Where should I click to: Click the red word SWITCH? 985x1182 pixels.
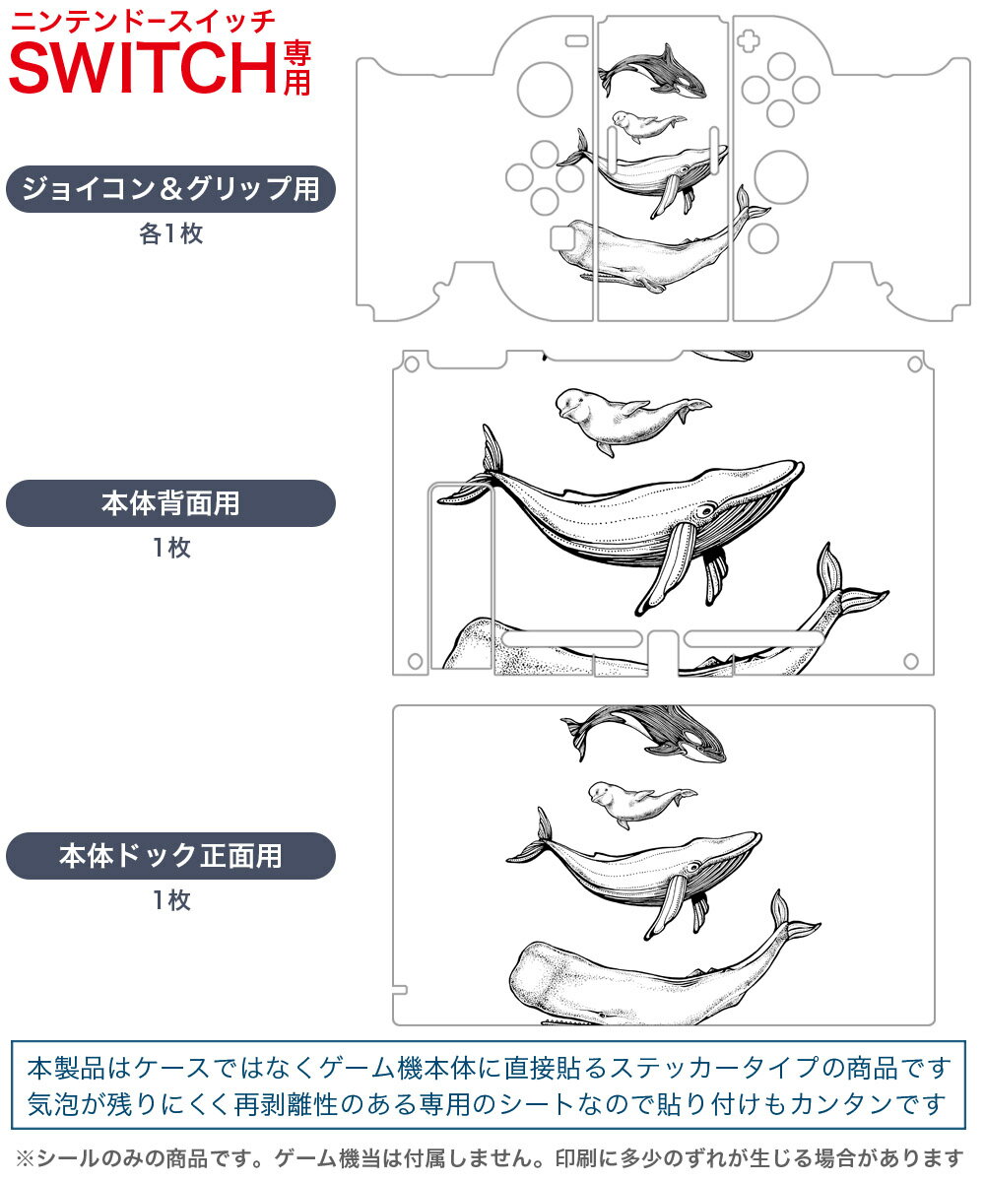(x=143, y=67)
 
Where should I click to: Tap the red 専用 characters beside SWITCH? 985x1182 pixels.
(x=297, y=69)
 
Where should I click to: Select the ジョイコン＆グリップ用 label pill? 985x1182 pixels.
(x=170, y=189)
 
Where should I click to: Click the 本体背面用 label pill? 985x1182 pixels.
(x=170, y=503)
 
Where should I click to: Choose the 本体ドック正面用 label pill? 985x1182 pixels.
(x=170, y=856)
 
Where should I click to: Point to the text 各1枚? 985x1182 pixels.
(x=171, y=233)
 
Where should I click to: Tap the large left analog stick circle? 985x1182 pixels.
(x=545, y=90)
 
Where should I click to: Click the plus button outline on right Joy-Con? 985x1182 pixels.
(x=749, y=40)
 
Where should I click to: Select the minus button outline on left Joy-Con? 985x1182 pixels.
(x=577, y=40)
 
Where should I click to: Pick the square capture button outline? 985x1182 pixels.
(x=562, y=238)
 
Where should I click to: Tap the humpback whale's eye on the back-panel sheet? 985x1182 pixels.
(x=705, y=510)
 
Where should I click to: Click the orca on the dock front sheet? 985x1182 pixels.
(x=643, y=734)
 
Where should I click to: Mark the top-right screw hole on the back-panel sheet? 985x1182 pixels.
(x=915, y=364)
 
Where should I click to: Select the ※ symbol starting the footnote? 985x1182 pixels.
(x=26, y=1158)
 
